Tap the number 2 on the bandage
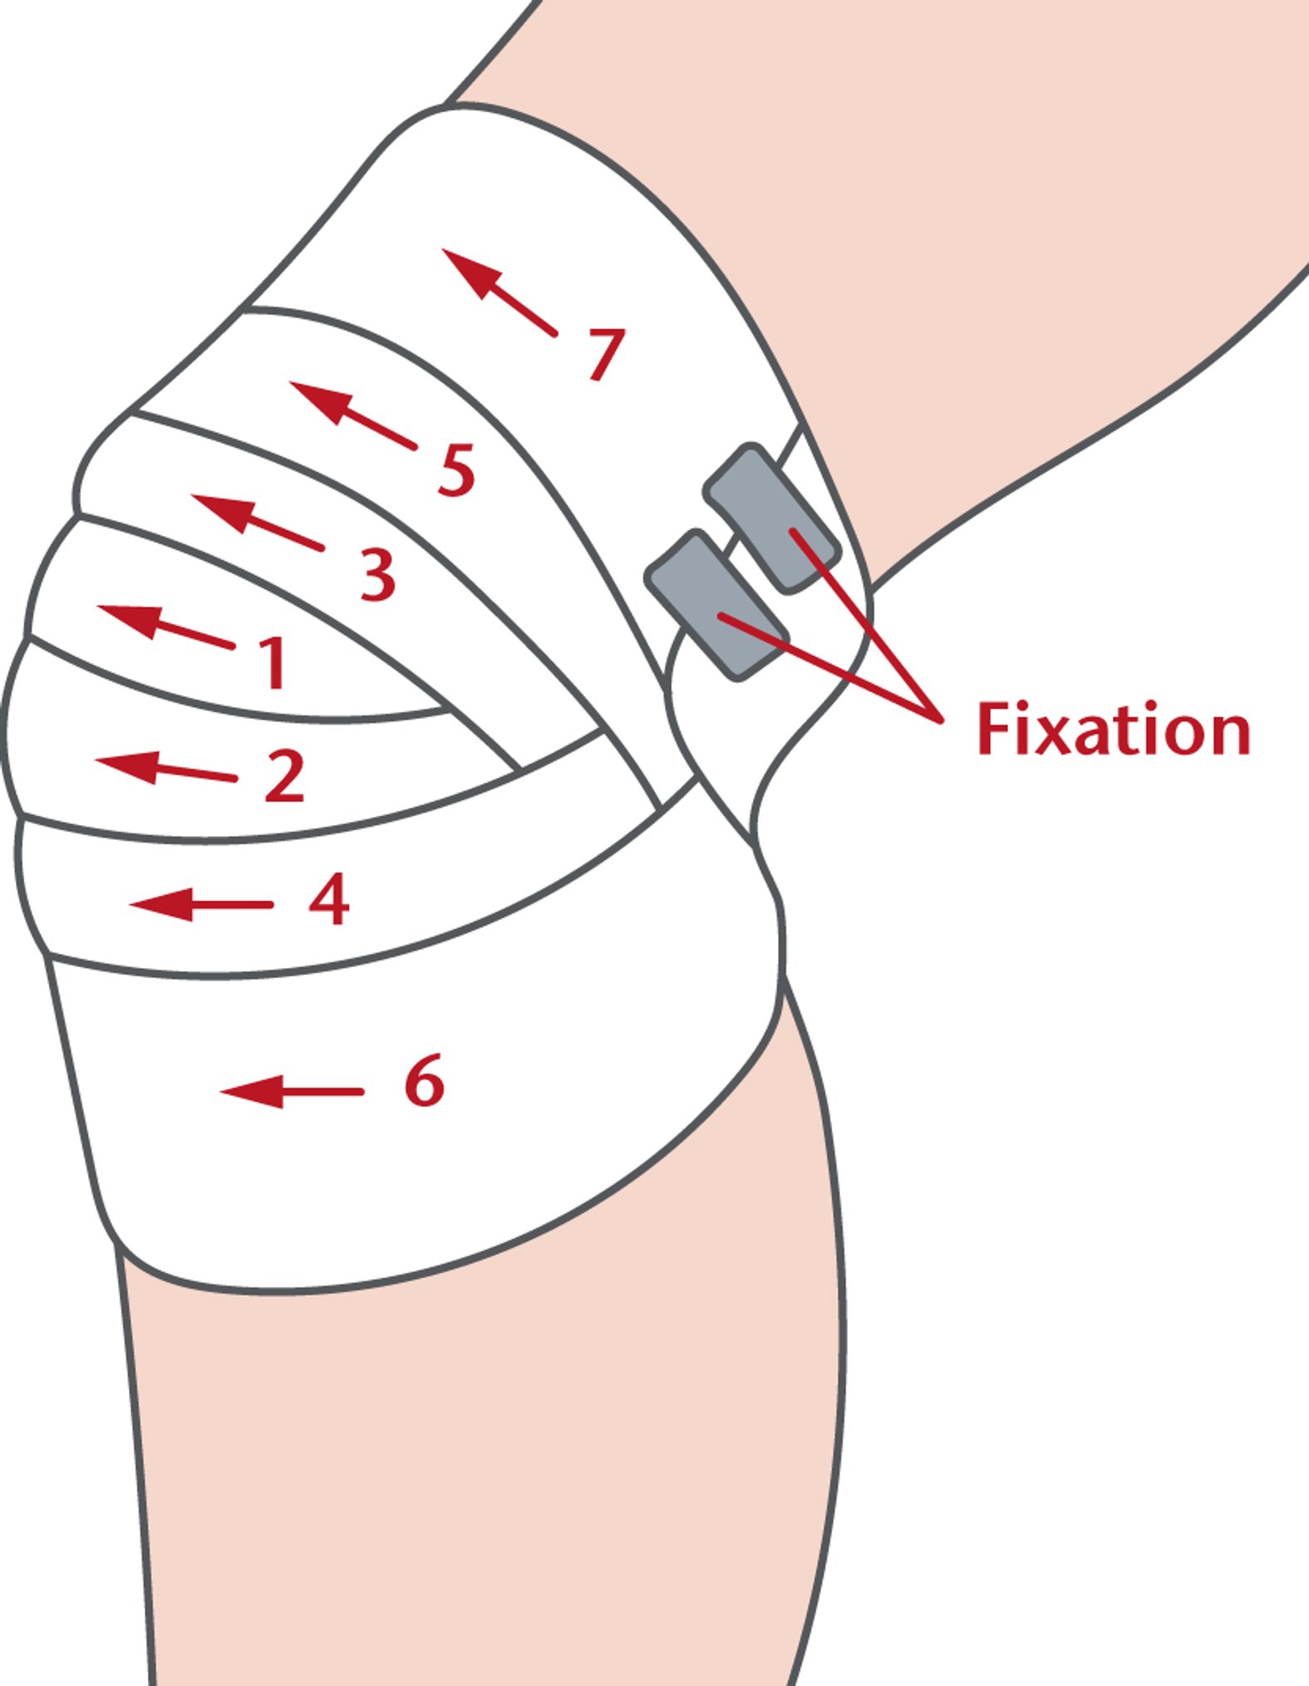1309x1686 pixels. (x=285, y=775)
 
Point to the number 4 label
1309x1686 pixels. (x=329, y=899)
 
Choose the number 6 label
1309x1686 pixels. (x=425, y=1080)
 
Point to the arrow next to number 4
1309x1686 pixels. (x=200, y=904)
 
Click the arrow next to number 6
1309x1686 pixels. (x=290, y=1091)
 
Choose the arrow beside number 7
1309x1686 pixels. (x=499, y=291)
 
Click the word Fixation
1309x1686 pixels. (x=1113, y=730)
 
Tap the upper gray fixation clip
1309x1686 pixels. (x=770, y=518)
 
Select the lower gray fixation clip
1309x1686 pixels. (x=716, y=606)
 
